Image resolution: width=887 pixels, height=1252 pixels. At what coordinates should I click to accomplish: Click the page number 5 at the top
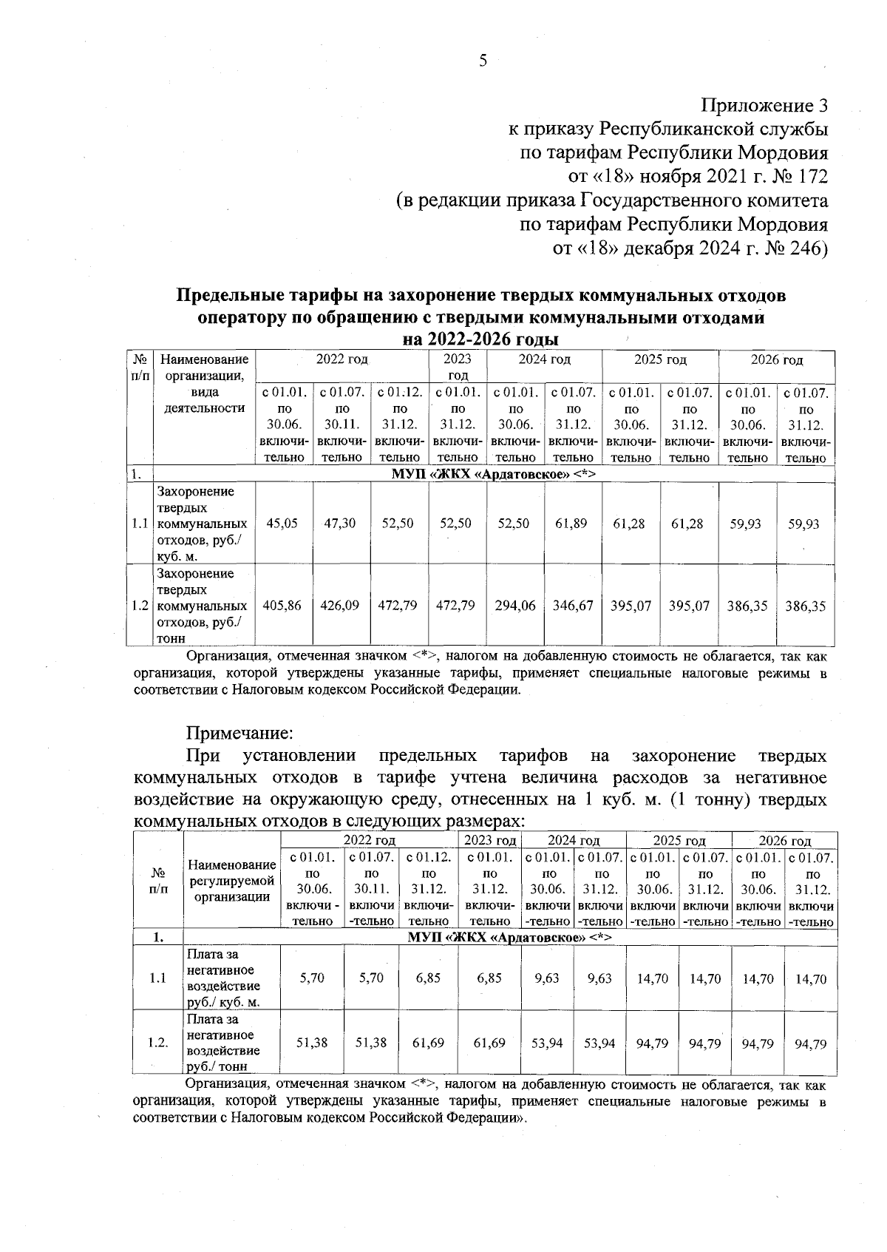coord(483,61)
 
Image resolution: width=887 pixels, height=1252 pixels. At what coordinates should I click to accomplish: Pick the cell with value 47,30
coord(340,524)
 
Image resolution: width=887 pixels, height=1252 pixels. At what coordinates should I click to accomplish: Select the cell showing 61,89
coord(571,524)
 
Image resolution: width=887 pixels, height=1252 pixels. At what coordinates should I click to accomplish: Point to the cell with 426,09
coord(340,606)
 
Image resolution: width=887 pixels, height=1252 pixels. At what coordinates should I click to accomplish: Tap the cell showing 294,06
coord(514,606)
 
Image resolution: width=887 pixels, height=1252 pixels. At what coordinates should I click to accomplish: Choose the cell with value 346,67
coord(572,606)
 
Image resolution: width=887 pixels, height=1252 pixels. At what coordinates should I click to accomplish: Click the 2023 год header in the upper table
coord(457,367)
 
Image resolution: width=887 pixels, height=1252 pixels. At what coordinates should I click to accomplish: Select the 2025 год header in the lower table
coord(679,841)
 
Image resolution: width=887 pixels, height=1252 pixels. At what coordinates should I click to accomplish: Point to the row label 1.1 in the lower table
coord(157,978)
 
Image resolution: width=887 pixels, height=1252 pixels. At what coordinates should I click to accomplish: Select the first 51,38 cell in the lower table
coord(312,1043)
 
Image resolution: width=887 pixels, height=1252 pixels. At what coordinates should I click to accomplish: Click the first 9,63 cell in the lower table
coord(547,978)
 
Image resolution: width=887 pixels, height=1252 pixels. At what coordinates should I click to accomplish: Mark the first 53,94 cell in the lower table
coord(547,1043)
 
